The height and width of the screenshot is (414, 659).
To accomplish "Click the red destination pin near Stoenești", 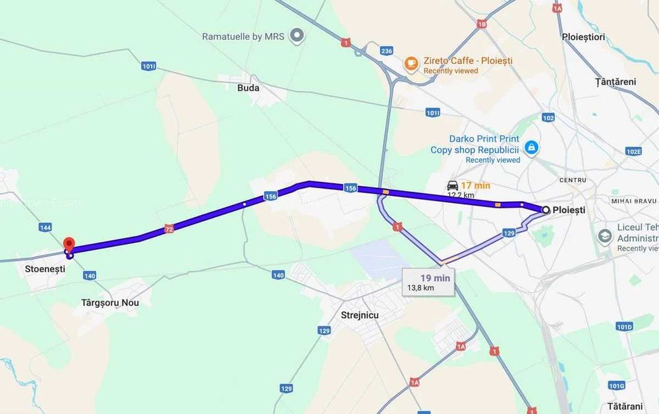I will (x=68, y=243).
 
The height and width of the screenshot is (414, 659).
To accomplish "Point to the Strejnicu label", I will (x=360, y=315).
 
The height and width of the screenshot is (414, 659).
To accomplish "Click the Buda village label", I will (x=248, y=88).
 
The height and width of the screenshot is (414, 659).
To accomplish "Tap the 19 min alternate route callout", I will (x=428, y=282).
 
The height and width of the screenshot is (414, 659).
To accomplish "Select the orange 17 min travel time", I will (x=475, y=185).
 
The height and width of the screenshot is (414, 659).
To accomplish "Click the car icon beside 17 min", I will (x=453, y=185).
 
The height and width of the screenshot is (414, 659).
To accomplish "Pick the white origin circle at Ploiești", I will (x=546, y=210).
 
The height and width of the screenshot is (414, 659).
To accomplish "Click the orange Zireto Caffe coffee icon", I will (x=411, y=63).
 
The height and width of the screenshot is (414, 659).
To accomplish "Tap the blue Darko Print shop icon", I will (x=532, y=148).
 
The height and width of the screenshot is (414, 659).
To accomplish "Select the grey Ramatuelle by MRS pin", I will (x=297, y=35).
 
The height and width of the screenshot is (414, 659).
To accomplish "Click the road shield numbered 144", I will (x=45, y=227).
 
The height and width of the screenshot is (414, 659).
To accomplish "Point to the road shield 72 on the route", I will (x=169, y=229).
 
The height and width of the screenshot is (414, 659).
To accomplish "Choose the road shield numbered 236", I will (x=387, y=51).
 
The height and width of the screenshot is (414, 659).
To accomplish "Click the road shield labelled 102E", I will (x=633, y=151).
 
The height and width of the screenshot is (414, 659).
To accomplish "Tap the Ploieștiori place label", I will (x=583, y=37).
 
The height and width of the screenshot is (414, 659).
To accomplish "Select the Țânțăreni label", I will (x=615, y=82).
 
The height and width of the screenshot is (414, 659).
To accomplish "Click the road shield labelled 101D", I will (x=624, y=326).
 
